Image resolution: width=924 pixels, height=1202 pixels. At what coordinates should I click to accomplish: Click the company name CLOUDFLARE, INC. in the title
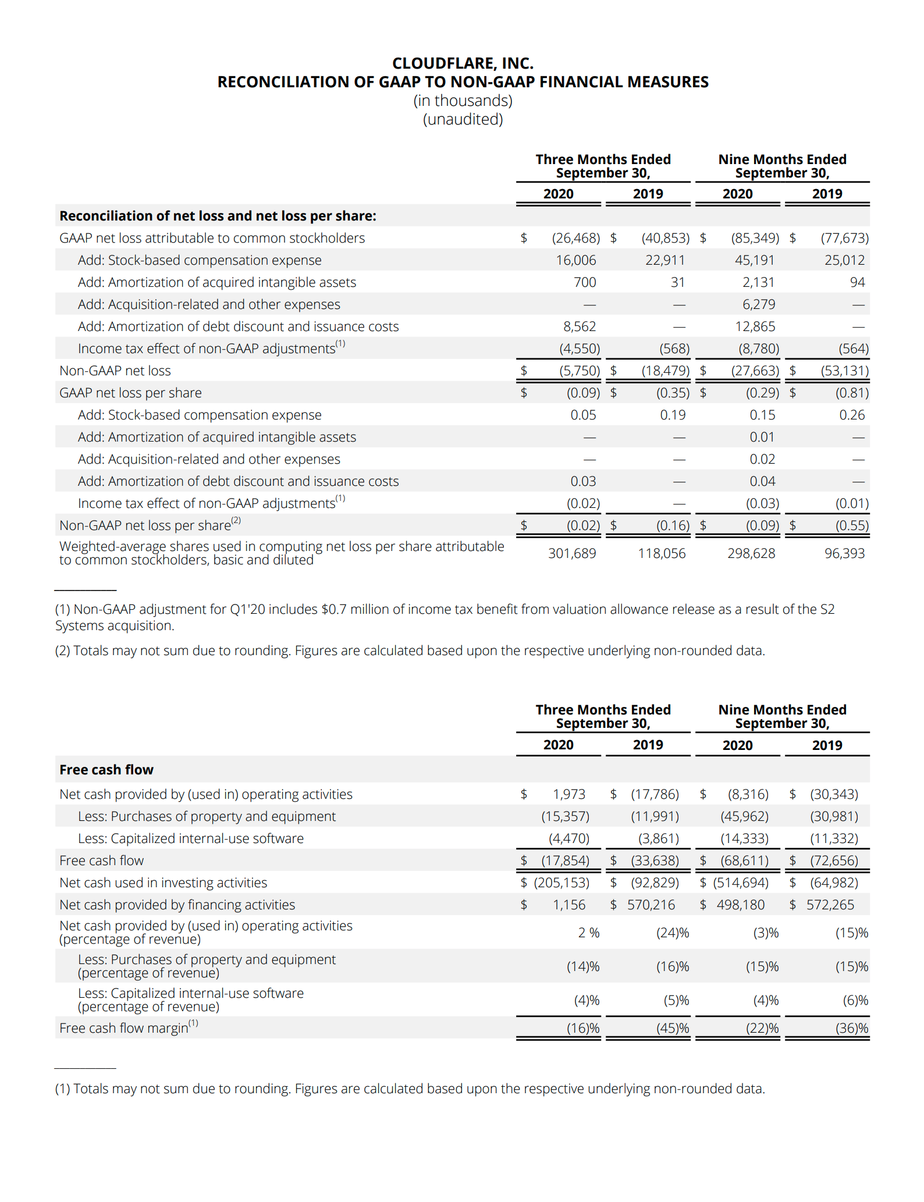click(463, 63)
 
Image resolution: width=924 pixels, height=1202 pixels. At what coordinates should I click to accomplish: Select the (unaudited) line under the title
click(463, 119)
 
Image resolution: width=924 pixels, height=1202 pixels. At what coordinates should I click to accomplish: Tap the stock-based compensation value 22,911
click(664, 260)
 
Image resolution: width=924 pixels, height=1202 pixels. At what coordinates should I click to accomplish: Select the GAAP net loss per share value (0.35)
click(672, 393)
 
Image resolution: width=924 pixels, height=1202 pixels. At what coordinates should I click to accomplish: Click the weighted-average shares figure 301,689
click(571, 553)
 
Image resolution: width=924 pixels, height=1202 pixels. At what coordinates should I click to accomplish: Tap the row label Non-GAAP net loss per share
click(145, 525)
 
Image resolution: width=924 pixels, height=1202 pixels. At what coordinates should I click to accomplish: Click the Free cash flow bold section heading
click(106, 770)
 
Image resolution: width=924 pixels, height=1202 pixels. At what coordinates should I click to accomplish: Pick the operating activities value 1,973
click(568, 794)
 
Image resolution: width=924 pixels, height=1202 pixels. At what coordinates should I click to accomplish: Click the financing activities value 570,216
click(651, 905)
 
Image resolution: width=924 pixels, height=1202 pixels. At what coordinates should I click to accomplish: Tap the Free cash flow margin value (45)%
click(672, 1028)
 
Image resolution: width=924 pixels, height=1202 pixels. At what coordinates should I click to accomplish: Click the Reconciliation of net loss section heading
click(218, 216)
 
